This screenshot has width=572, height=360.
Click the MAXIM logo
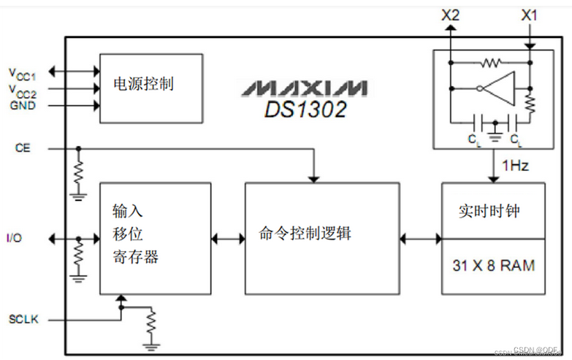305,88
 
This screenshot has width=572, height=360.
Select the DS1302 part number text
305,110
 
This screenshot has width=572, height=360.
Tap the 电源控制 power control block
150,87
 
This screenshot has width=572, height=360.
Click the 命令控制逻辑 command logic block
322,238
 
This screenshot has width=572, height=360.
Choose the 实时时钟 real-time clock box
493,210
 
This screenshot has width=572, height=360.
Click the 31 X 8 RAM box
493,266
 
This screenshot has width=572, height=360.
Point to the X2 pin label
451,14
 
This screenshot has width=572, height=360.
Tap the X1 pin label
530,14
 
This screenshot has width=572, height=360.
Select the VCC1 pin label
22,72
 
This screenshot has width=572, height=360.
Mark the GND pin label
22,105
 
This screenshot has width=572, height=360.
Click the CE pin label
22,148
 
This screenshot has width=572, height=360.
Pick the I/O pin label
15,238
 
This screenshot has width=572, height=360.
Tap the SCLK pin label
23,319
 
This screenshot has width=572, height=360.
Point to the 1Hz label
516,166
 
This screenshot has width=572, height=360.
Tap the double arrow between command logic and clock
421,238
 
